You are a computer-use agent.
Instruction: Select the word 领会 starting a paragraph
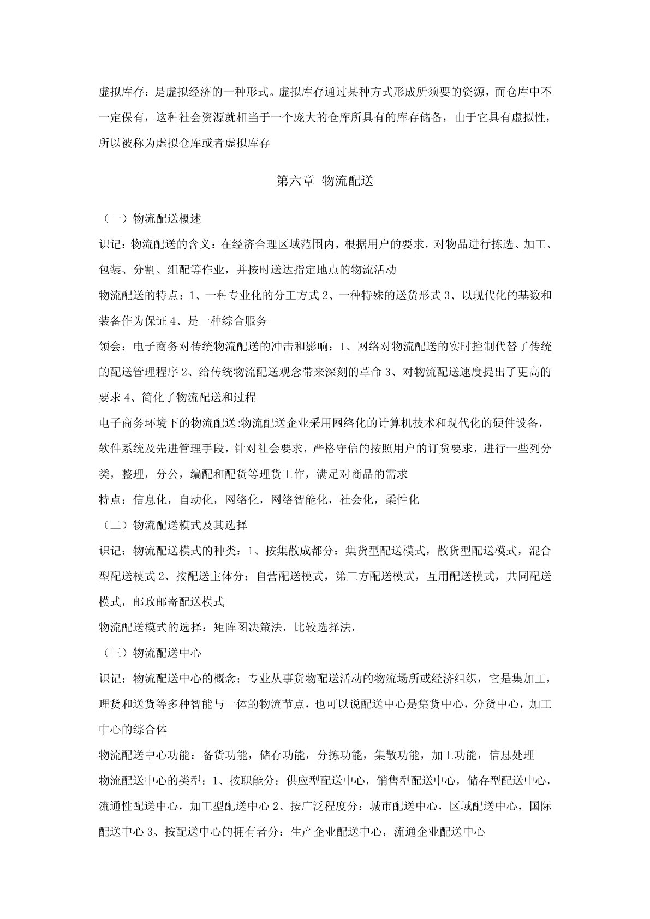point(110,347)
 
